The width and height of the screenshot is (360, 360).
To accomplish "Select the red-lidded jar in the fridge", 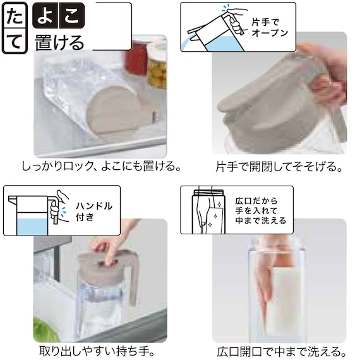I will click(x=135, y=58).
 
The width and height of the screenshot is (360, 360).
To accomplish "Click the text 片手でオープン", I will click(x=270, y=26).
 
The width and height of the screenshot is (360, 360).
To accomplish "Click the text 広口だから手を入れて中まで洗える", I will click(x=263, y=210).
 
